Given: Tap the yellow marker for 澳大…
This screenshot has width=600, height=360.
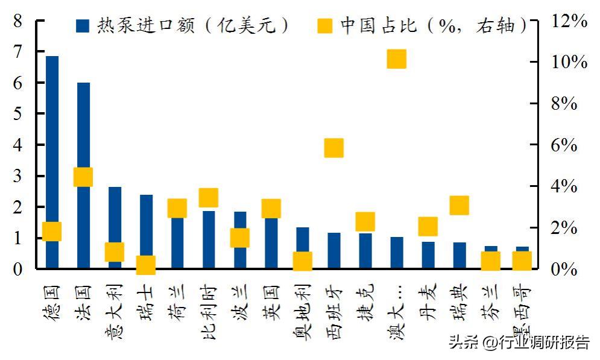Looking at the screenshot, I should pyautogui.click(x=396, y=59).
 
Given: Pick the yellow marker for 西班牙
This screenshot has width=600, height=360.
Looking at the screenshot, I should pyautogui.click(x=333, y=148).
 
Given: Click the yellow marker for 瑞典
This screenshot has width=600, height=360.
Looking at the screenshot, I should pyautogui.click(x=459, y=205).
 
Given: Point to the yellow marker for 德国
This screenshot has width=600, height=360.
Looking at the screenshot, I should pyautogui.click(x=52, y=231).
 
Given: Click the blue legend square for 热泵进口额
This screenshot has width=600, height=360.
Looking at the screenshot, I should pyautogui.click(x=83, y=25).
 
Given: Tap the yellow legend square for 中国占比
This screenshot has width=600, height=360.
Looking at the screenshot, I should pyautogui.click(x=324, y=25).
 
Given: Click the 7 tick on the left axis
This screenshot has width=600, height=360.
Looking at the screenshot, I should pyautogui.click(x=17, y=52).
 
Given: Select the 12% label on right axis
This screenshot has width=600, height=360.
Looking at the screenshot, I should pyautogui.click(x=569, y=21).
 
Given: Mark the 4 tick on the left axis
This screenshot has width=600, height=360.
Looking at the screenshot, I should pyautogui.click(x=17, y=145).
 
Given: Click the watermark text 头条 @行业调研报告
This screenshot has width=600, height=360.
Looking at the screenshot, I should pyautogui.click(x=519, y=343).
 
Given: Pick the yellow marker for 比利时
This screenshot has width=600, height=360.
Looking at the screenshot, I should pyautogui.click(x=208, y=197).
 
